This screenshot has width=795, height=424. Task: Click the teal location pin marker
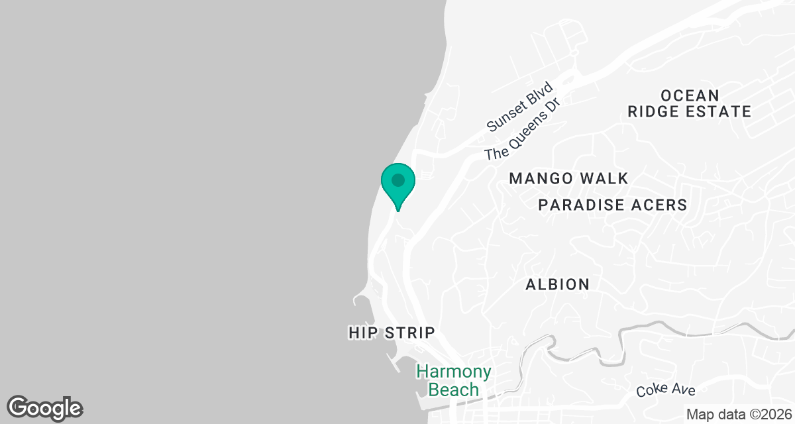[x=397, y=185]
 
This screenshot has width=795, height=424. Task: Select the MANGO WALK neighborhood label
[x=568, y=178]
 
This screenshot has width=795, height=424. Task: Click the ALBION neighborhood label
[x=557, y=284]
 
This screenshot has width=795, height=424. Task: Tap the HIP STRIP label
[x=392, y=333]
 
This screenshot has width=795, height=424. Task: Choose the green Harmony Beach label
[x=454, y=380]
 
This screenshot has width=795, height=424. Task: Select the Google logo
[x=45, y=407]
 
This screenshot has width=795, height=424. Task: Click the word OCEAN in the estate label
[x=690, y=95]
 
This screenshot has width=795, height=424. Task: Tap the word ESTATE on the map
[x=719, y=111]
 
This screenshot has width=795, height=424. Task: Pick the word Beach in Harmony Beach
[x=454, y=389]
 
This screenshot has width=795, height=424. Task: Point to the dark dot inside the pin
[x=397, y=180]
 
